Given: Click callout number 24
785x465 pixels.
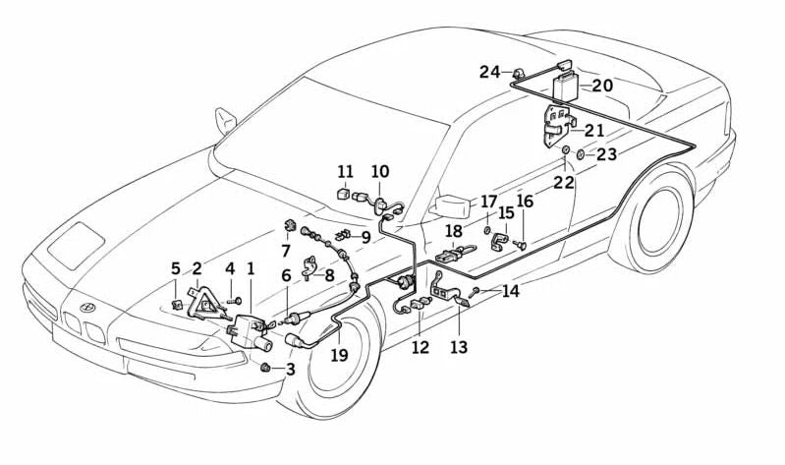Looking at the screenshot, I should click(x=489, y=72).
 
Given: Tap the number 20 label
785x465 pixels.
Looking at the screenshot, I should click(x=602, y=86).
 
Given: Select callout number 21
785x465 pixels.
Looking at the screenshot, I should click(x=595, y=130).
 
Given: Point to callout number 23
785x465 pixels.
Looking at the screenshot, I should click(x=606, y=154).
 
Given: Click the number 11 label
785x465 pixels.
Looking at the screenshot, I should click(x=345, y=171).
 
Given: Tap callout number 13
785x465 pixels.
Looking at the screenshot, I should click(x=459, y=347).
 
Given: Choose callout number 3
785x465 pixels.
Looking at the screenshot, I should click(x=289, y=370).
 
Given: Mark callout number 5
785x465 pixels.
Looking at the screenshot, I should click(x=176, y=267).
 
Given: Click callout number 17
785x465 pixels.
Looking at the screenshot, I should click(x=488, y=203).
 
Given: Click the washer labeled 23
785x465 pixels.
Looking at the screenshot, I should click(x=582, y=154).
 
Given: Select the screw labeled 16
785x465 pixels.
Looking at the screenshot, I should click(x=521, y=244).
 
